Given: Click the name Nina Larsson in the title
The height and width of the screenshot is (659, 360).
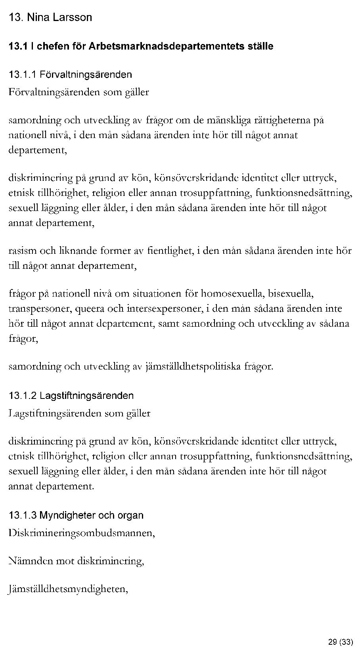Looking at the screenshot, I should pos(59,17).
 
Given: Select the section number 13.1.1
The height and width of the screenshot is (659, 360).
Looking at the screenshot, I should pos(23,75).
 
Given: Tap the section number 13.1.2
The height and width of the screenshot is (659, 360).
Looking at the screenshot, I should pos(23,395).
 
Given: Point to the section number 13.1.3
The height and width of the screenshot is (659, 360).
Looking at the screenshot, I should pos(23,515).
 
